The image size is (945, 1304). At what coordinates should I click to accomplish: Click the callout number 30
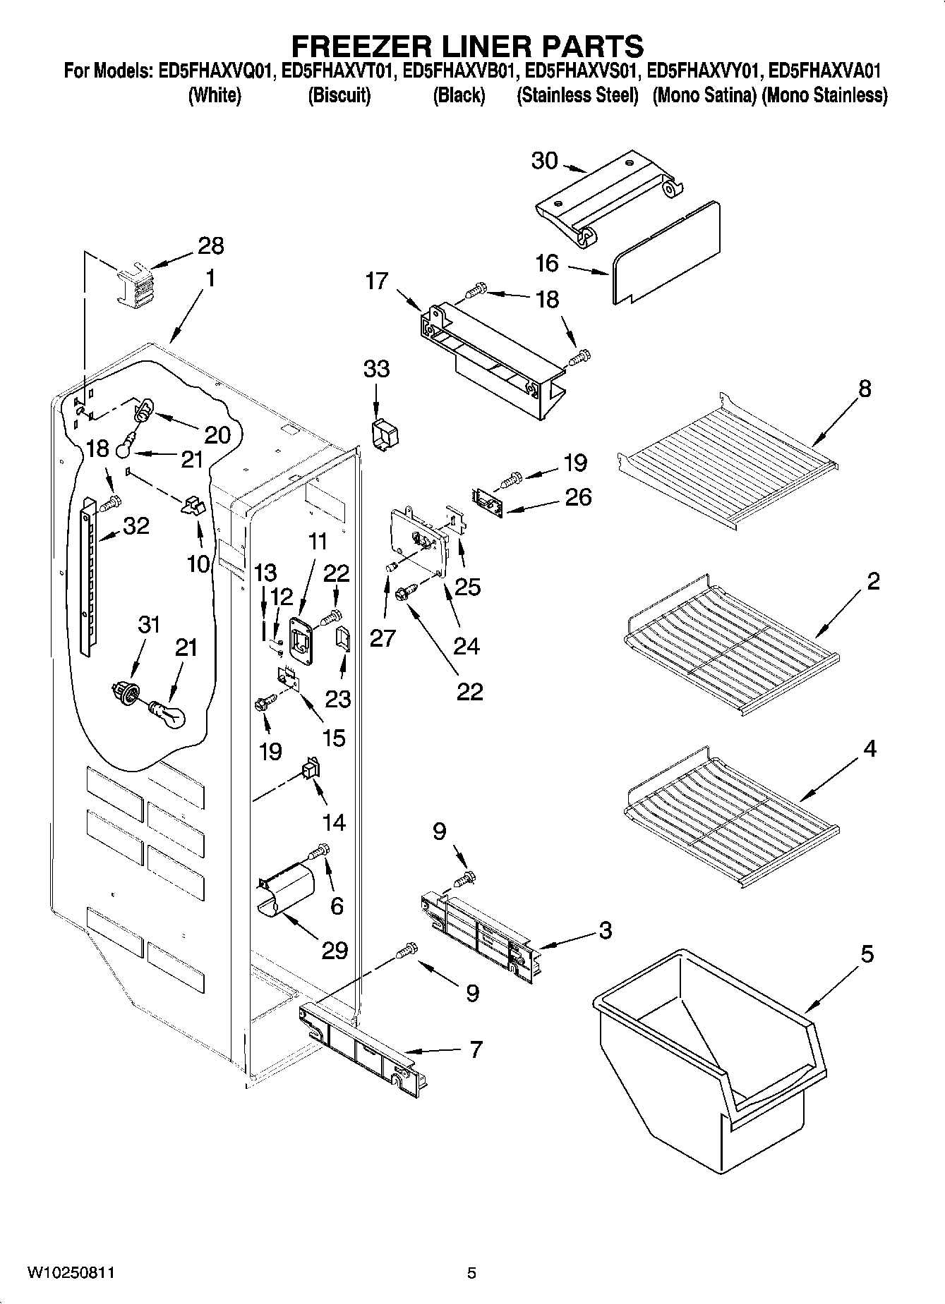coord(544,161)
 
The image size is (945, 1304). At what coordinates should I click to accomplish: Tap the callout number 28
coord(210,245)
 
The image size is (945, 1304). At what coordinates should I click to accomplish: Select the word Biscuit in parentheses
coord(339,96)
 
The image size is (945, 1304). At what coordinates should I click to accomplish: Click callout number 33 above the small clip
coord(376,368)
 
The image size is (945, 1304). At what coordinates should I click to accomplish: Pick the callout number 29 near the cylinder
coord(335,950)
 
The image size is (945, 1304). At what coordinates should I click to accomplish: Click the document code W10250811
coord(71,1273)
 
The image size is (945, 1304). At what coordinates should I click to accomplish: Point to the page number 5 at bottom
coord(471,1273)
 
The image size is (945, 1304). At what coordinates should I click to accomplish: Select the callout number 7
coord(476,1049)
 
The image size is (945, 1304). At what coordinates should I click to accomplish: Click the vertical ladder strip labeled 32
coord(88,575)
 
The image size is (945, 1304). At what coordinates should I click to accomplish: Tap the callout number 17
coord(377,281)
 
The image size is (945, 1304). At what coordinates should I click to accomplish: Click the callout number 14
coord(334,822)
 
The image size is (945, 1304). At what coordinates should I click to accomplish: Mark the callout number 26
coord(579,496)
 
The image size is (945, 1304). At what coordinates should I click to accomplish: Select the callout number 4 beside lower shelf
coord(869,748)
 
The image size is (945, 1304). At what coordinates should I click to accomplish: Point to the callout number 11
coord(318,542)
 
